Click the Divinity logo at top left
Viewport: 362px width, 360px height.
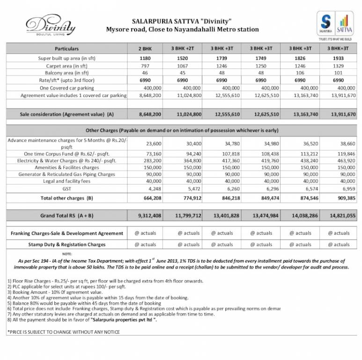point(50,26)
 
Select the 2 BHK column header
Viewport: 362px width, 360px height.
point(146,49)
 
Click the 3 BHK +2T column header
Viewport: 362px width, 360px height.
point(184,49)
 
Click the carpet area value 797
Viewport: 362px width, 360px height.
point(145,66)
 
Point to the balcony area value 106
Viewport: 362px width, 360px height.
point(299,73)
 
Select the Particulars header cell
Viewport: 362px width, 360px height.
point(66,49)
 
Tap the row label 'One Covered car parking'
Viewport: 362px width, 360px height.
point(66,88)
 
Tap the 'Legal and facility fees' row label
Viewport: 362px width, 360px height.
point(66,181)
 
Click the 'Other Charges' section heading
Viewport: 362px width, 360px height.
point(182,130)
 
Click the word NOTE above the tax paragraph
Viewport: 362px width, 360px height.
point(66,254)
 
